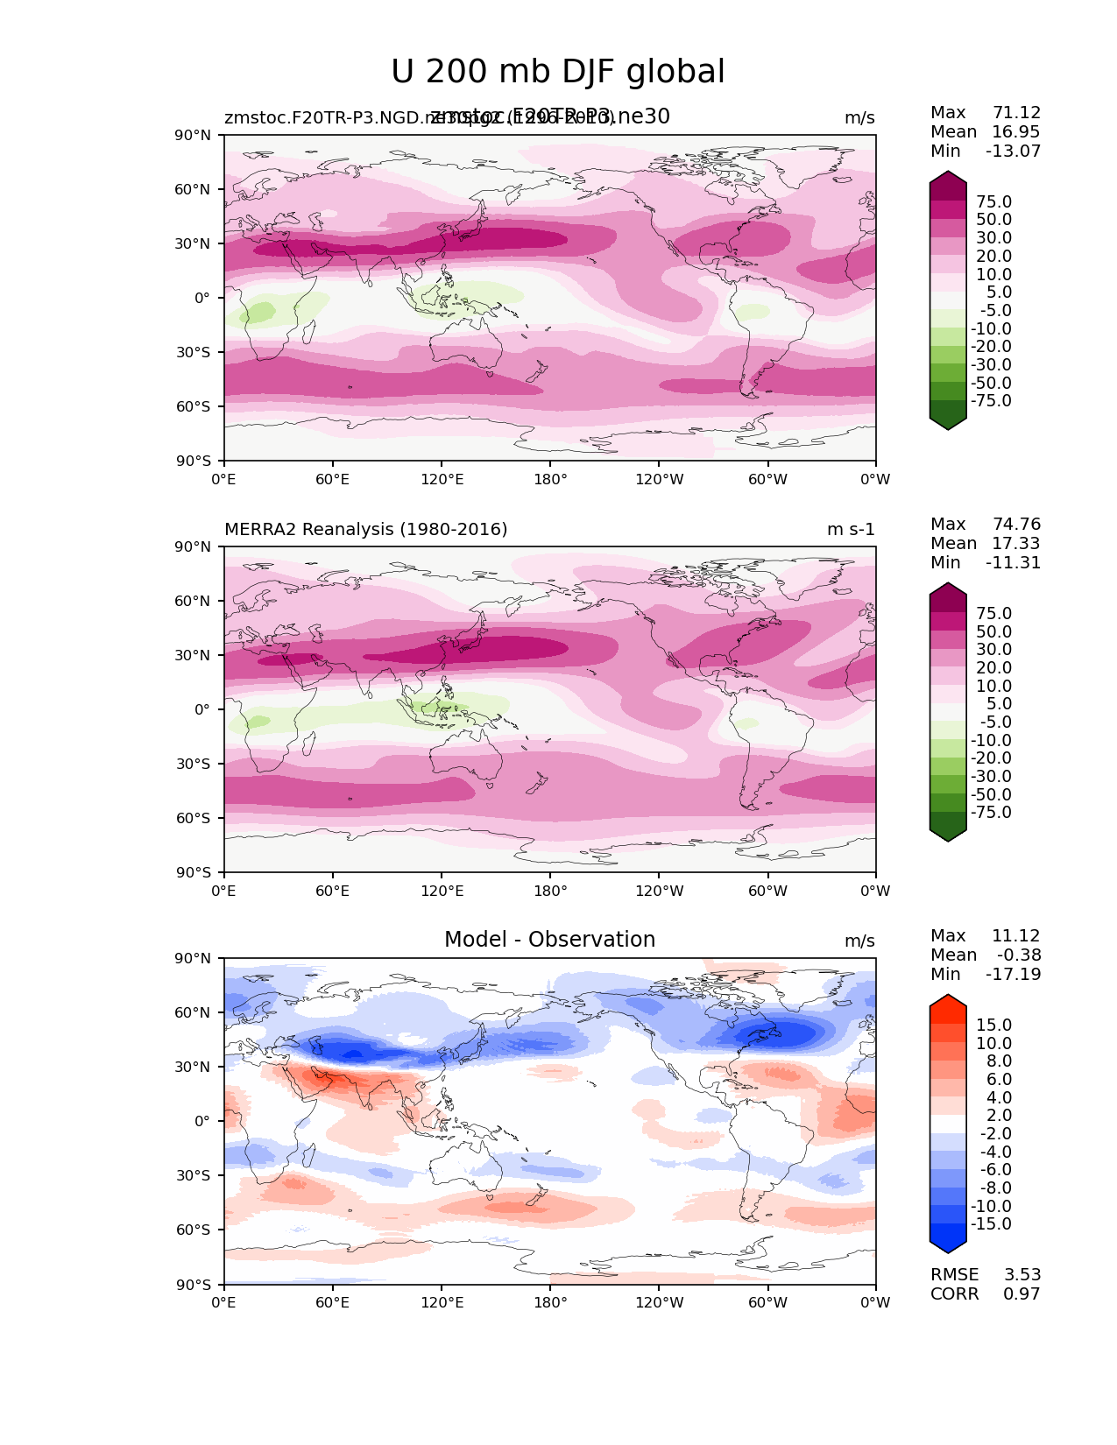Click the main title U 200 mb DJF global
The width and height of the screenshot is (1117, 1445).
coord(557,72)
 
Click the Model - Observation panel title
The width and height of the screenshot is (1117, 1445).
coord(549,940)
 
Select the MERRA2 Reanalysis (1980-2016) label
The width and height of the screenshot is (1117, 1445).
coord(365,530)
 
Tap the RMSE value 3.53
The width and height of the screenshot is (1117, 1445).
coord(1022,1275)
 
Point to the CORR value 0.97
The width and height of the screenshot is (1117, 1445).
coord(1022,1294)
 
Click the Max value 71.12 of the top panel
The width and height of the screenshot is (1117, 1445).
coord(1016,113)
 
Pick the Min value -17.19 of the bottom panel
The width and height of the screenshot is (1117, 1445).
coord(1013,975)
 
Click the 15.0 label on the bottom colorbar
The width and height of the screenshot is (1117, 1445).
coord(993,1026)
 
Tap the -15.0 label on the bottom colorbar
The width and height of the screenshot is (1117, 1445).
coord(991,1224)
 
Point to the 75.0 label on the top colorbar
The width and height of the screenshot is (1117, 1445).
coord(993,202)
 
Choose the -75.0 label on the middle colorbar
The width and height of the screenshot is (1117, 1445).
coord(991,813)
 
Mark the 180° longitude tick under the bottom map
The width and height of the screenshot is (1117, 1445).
coord(550,1303)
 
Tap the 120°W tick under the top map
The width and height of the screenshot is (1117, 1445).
coord(659,480)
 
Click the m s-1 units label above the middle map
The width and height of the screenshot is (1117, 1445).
coord(851,530)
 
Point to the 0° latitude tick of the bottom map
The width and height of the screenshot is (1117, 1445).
coord(202,1121)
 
